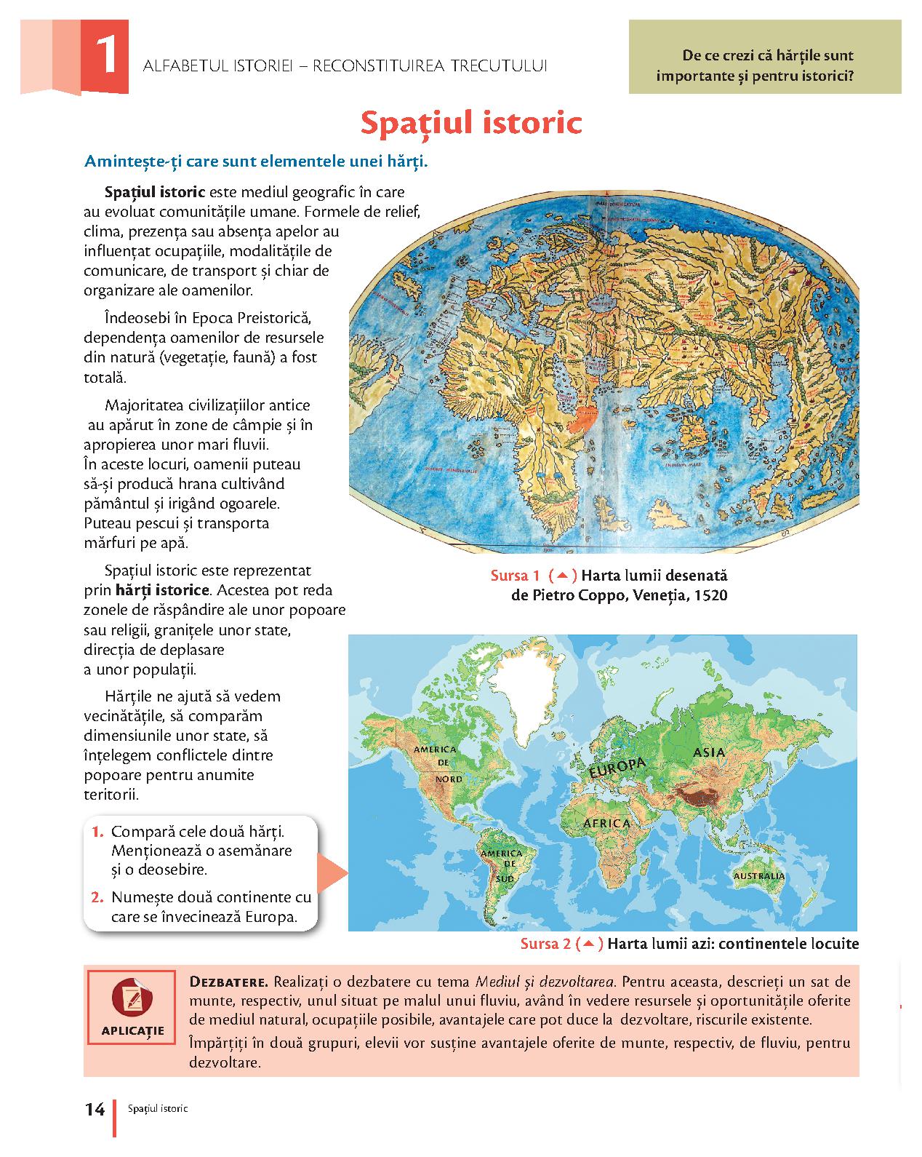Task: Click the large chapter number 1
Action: point(106,57)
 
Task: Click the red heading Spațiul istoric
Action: point(471,123)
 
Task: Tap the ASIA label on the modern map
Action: point(709,752)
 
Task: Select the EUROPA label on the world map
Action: point(617,768)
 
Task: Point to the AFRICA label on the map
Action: point(607,823)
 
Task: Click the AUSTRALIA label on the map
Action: point(758,876)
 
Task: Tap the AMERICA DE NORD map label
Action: point(435,763)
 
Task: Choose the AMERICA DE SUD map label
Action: point(502,865)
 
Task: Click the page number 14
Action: point(95,1109)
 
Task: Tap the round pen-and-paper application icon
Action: point(132,998)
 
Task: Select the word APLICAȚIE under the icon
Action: point(133,1030)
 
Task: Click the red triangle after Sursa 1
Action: point(562,576)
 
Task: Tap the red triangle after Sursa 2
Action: point(589,944)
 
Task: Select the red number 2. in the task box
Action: point(99,897)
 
